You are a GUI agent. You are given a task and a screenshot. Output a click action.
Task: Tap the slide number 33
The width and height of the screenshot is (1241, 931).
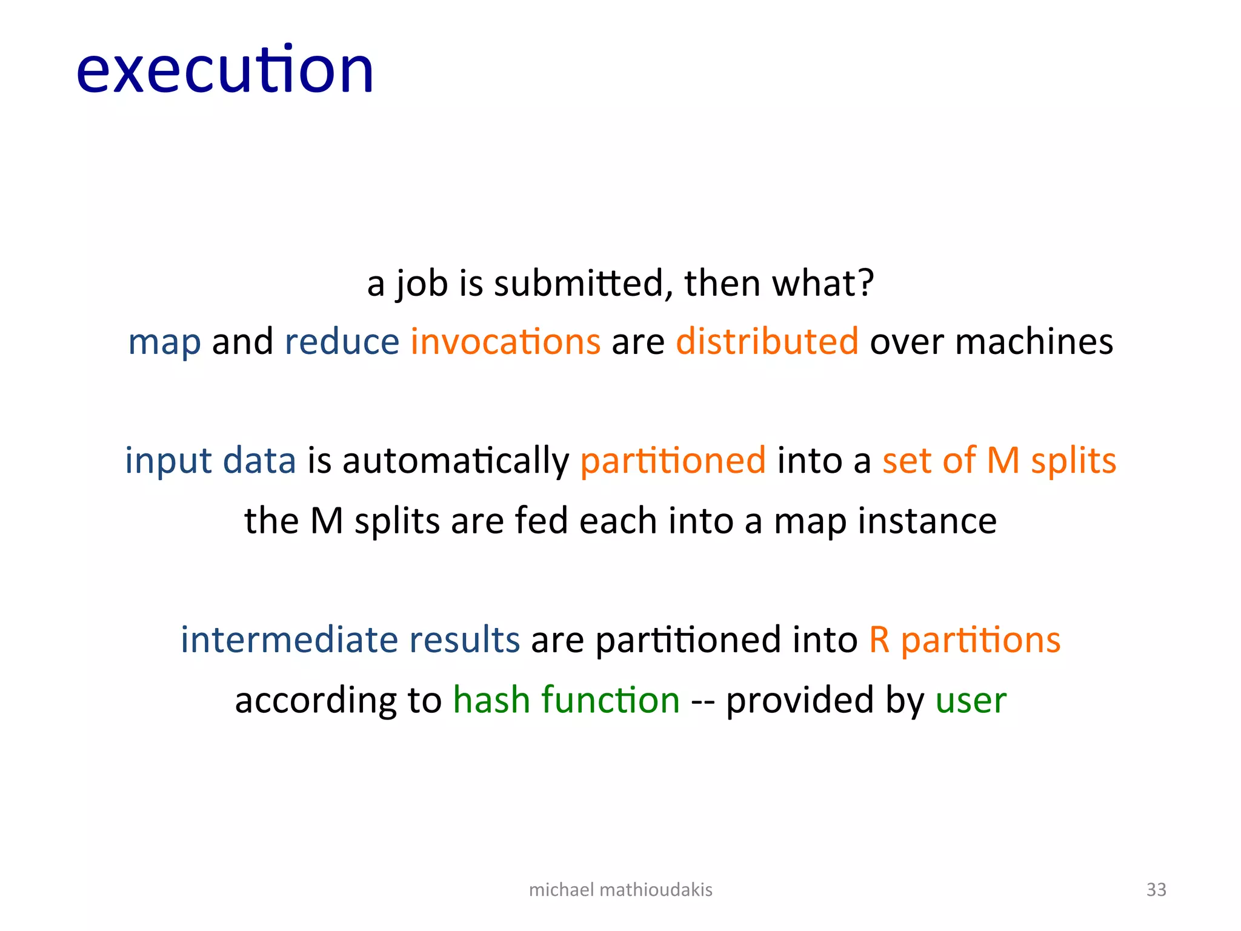point(1156,889)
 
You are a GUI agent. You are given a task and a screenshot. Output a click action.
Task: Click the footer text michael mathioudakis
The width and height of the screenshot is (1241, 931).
point(620,889)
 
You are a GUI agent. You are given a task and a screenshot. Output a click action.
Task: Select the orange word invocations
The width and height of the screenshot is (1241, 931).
point(505,341)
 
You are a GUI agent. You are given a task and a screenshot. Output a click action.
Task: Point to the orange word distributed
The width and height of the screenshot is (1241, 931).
point(767,341)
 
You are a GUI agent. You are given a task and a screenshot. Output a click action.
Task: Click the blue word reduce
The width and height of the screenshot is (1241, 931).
point(342,341)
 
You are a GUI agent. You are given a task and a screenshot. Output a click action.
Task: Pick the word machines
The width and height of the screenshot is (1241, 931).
point(1034,341)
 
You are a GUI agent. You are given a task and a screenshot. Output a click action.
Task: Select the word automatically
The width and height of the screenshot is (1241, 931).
point(456,461)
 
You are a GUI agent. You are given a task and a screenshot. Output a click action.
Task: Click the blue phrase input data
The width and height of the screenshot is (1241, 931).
point(210,461)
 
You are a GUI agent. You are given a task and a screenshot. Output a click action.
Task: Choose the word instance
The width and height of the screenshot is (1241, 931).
point(927,521)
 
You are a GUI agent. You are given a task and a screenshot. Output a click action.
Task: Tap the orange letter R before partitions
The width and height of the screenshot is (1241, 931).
point(879,639)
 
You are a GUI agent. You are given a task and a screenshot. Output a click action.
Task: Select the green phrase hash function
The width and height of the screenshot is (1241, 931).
point(567,699)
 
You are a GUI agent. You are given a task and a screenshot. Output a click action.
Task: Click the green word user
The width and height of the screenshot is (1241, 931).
point(971,701)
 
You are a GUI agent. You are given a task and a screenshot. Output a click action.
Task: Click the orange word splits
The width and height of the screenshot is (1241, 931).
point(1073,461)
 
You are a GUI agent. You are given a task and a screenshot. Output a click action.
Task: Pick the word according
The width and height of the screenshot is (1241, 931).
point(316,701)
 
